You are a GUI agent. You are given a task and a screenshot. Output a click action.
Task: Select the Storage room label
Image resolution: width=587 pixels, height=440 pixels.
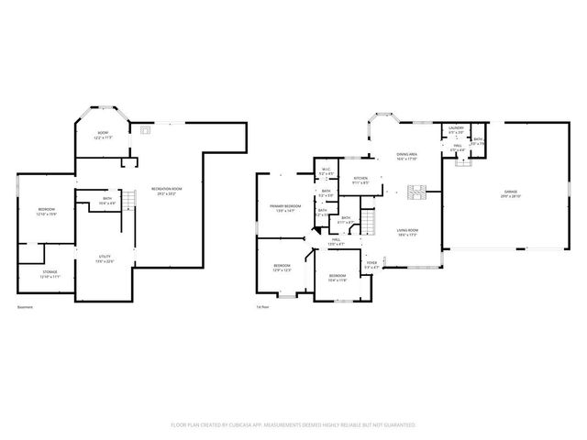point(50,274)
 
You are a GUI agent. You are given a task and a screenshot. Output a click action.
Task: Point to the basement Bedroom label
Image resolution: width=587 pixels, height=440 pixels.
point(47,212)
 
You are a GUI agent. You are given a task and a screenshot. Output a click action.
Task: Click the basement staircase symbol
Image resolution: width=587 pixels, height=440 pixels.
point(129,199)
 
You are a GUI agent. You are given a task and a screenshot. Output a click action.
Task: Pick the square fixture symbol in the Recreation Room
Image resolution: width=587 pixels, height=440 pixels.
point(144,130)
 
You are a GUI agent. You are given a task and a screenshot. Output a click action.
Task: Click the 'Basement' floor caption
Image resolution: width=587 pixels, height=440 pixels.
point(25,307)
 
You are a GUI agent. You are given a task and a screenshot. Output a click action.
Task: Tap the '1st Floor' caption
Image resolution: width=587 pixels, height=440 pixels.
point(263,307)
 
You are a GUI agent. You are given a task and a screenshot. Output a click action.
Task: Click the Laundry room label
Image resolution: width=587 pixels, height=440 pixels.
point(456,129)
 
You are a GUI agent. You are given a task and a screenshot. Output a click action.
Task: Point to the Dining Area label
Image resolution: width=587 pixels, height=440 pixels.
point(407,157)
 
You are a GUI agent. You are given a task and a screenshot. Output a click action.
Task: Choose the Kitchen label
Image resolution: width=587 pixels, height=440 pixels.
point(361,180)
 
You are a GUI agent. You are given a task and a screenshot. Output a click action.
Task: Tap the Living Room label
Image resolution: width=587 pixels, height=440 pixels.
point(407,232)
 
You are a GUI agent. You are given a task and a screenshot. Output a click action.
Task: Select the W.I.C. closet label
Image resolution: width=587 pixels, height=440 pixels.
point(326,171)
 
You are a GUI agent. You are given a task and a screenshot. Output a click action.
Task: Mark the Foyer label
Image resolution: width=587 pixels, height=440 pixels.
point(371,266)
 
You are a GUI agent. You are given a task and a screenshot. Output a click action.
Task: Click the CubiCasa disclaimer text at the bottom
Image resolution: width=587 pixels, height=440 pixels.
point(293,425)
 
